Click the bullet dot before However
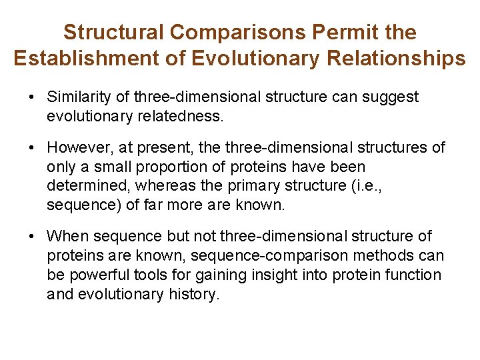[31, 147]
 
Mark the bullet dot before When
[31, 237]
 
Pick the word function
[415, 275]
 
